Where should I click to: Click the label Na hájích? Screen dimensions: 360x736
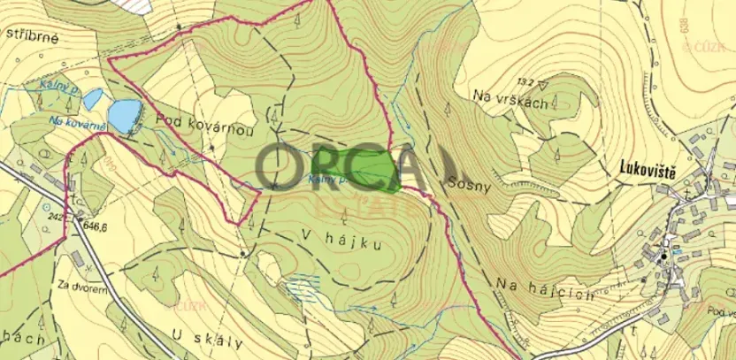click(533, 295)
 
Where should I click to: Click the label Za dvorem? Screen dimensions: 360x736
click(77, 286)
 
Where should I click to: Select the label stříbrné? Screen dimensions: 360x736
click(34, 36)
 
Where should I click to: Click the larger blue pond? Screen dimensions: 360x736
click(125, 112)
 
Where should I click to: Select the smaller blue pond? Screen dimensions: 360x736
click(91, 99)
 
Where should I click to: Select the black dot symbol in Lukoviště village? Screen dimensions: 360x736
click(663, 257)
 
